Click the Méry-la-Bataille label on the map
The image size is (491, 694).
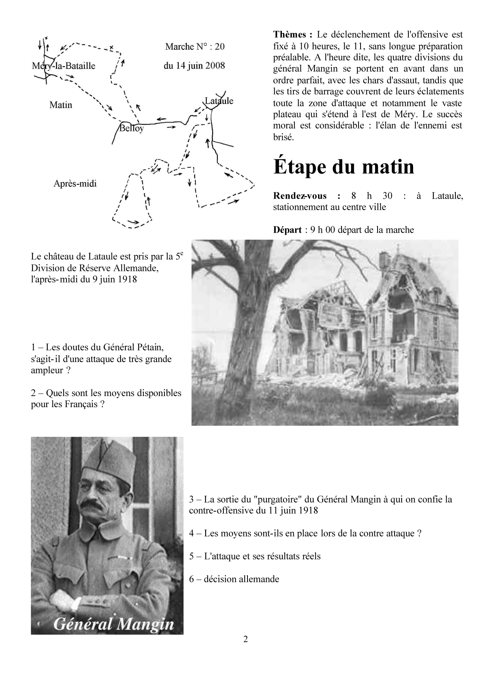tap(64, 66)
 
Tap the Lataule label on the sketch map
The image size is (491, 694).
tap(219, 101)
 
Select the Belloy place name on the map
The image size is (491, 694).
tap(132, 129)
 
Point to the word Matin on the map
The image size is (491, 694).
tap(61, 105)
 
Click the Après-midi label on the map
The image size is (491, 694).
tap(75, 184)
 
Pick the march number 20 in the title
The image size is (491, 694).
tap(220, 47)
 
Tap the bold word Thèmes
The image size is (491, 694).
tap(290, 35)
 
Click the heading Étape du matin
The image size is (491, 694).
tap(344, 167)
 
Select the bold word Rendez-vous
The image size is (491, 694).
tap(300, 195)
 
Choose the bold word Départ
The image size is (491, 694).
tap(287, 230)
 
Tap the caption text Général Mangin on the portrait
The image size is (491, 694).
tap(113, 624)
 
